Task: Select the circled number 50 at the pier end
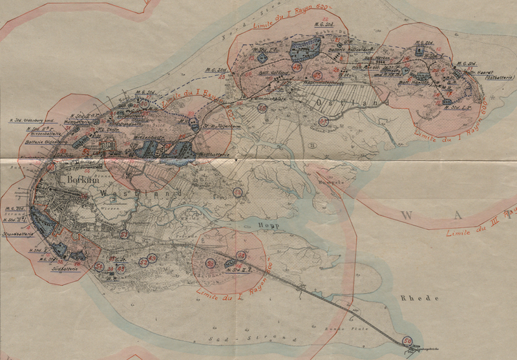coord(407,341)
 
